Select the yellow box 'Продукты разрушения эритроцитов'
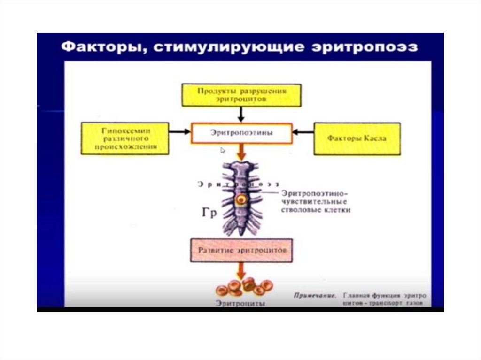click(241, 95)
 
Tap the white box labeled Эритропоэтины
click(241, 133)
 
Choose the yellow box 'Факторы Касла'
click(357, 139)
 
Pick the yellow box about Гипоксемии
click(125, 138)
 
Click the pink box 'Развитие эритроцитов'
click(241, 250)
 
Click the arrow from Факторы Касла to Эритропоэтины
click(303, 132)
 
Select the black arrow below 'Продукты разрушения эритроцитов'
click(241, 114)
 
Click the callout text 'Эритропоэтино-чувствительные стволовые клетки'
click(316, 201)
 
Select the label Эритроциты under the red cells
click(240, 303)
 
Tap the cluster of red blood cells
click(244, 286)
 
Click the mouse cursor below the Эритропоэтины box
click(223, 151)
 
